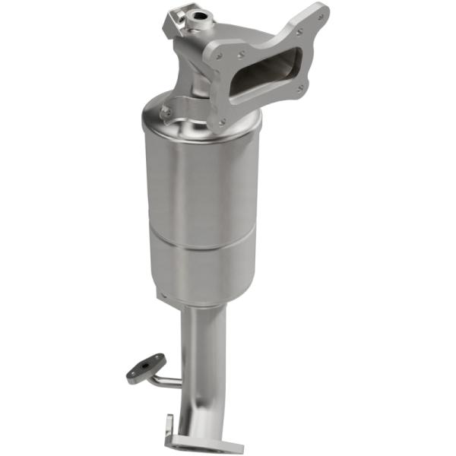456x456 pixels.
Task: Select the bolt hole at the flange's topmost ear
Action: tap(318, 14)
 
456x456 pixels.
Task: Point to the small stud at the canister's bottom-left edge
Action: tap(160, 292)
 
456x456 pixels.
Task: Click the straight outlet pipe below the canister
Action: tap(204, 342)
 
